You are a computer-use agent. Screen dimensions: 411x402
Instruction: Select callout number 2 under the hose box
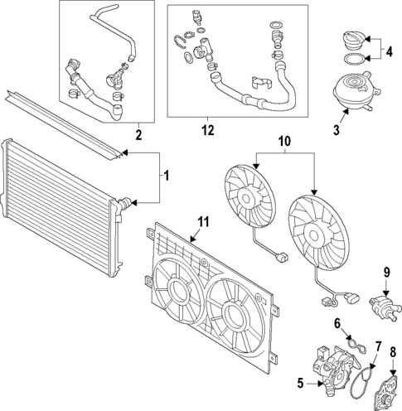point(138,134)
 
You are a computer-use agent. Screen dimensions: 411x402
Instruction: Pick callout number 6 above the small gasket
point(337,323)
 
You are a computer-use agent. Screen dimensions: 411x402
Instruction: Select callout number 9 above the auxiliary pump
point(385,271)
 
